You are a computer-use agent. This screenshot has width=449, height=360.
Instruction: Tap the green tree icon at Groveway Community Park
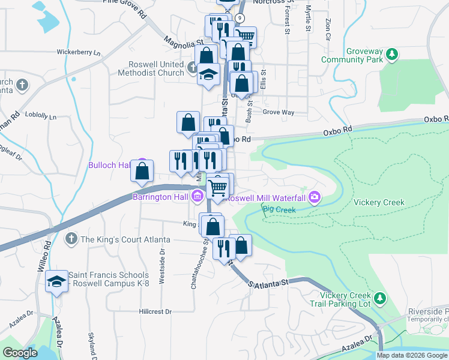pos(392,55)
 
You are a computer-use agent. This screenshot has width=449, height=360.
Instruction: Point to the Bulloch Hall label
pos(110,165)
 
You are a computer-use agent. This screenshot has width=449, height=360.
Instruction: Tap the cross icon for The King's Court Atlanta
pos(71,239)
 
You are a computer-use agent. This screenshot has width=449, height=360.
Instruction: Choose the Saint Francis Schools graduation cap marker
pos(56,281)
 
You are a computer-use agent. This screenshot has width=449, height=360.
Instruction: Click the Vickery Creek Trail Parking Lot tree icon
pos(379,298)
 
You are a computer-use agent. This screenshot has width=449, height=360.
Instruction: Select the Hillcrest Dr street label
pos(155,312)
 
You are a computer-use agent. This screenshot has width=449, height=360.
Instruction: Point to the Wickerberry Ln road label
pos(79,52)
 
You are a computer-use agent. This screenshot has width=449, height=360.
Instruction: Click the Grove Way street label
pos(279,112)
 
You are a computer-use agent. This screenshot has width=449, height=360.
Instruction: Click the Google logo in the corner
pos(20,353)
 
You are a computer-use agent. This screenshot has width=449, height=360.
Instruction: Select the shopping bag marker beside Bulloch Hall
pos(142,171)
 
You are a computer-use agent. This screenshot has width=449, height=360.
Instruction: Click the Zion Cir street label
pos(328,29)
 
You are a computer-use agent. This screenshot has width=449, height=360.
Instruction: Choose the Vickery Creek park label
pos(379,203)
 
